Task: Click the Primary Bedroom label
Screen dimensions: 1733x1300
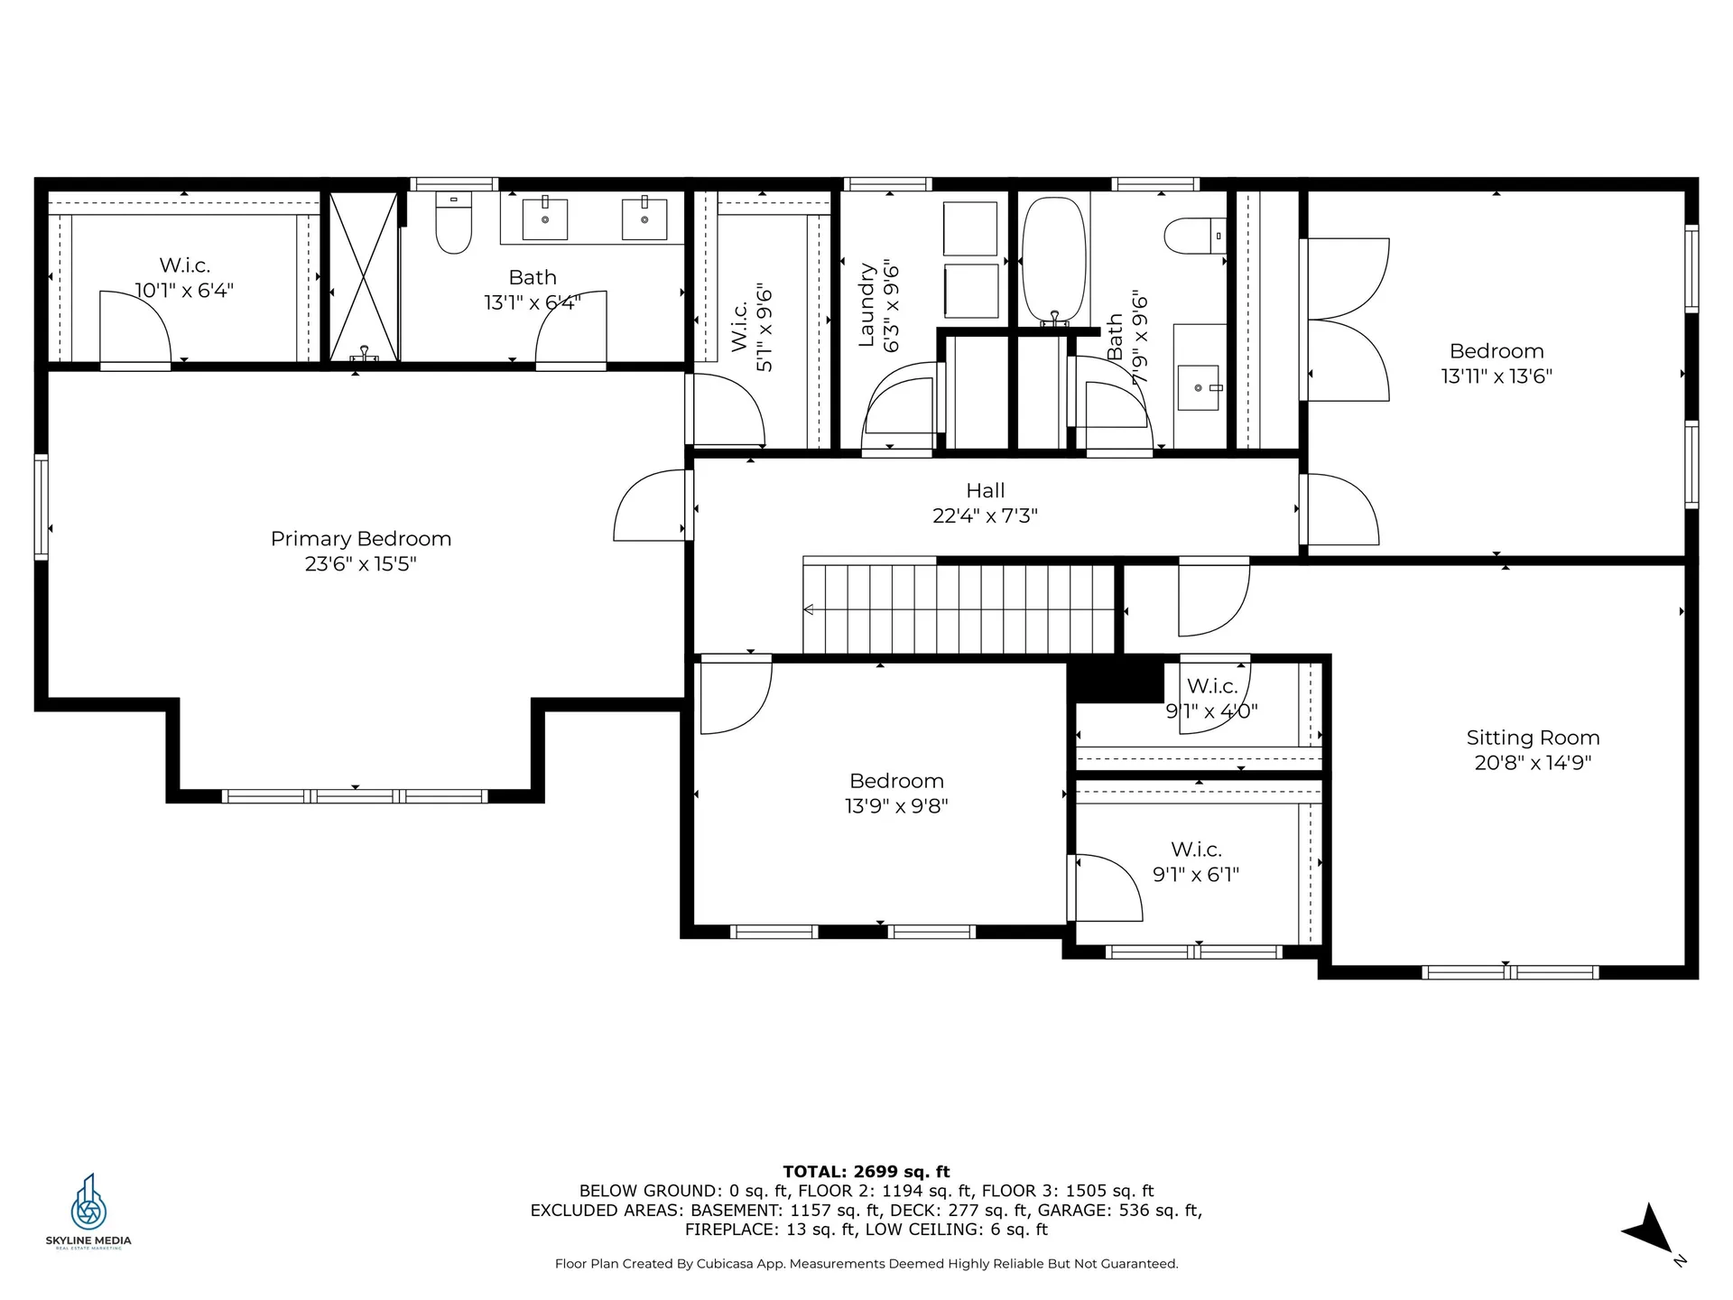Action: click(x=361, y=539)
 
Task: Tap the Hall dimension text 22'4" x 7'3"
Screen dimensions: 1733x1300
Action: click(x=985, y=515)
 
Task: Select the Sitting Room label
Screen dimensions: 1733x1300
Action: click(x=1533, y=738)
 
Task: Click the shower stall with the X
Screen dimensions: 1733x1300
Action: click(x=363, y=277)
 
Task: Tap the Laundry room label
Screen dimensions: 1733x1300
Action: click(x=867, y=305)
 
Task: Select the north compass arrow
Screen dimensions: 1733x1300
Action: click(x=1650, y=1230)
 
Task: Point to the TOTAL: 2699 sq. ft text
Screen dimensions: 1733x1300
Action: click(x=866, y=1172)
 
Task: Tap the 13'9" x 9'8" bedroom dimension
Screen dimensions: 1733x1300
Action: click(x=896, y=805)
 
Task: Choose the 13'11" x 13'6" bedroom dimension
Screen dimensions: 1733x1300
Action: click(x=1497, y=376)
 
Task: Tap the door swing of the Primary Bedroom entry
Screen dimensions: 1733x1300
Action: click(x=649, y=505)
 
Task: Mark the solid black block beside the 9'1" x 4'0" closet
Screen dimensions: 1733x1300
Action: click(x=1116, y=680)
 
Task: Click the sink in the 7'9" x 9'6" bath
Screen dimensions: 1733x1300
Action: click(x=1199, y=388)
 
